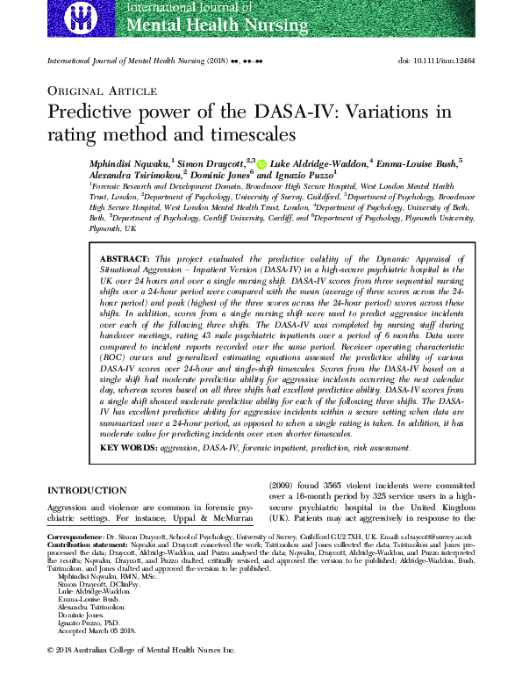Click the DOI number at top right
pos(436,60)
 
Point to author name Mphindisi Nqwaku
pos(128,162)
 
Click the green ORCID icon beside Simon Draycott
pos(261,163)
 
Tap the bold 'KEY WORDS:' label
pos(128,448)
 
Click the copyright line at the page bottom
pos(141,674)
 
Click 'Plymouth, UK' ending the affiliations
pos(113,227)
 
